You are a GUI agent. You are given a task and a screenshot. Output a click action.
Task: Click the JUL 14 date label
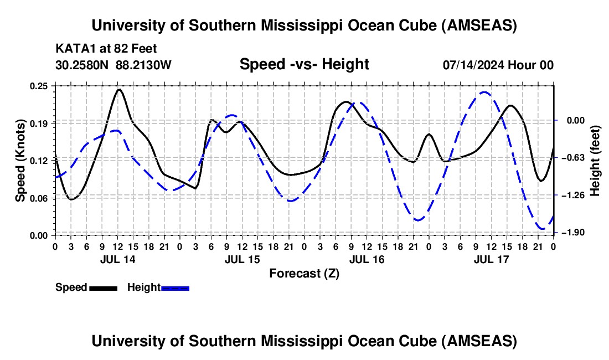point(117,259)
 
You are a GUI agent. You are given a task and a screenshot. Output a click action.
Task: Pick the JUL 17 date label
point(492,259)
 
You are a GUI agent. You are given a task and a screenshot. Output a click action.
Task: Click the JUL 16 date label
point(367,259)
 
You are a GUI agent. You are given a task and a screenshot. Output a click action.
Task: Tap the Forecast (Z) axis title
point(304,273)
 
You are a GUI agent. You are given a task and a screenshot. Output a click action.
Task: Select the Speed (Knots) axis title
point(20,161)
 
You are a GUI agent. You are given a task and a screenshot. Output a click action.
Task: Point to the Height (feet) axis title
point(595,161)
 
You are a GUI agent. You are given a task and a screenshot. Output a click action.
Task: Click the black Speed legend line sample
point(103,287)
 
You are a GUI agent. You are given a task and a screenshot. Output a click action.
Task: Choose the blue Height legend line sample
point(176,287)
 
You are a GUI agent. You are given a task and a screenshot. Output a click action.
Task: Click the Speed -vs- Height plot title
point(304,65)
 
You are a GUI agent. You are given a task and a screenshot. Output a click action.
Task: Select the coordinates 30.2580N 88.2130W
point(113,65)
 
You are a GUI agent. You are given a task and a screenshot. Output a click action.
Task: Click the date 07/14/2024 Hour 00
point(498,65)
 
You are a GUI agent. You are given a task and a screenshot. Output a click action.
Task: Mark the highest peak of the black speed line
point(118,89)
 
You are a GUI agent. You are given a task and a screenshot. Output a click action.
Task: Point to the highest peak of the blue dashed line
point(484,92)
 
